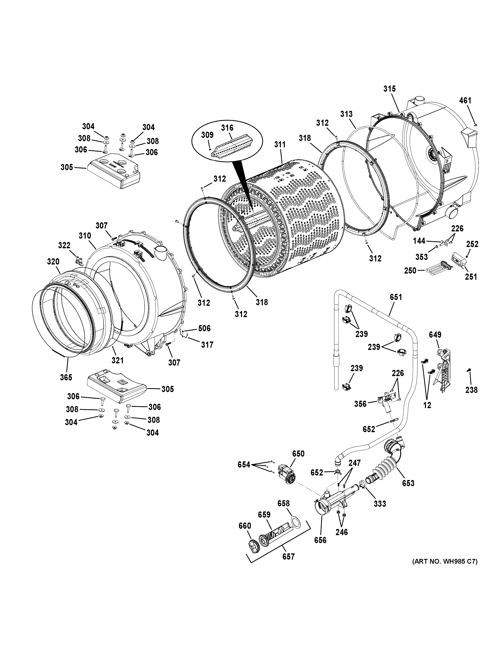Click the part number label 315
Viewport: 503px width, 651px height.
389,89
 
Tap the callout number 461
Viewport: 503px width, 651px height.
465,100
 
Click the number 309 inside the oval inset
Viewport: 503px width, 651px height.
207,135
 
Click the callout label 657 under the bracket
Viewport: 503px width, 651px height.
288,556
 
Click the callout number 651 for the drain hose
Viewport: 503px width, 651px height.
396,297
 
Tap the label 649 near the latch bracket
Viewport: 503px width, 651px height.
435,335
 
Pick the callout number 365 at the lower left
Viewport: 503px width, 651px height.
66,377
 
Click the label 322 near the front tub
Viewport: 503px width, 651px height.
64,245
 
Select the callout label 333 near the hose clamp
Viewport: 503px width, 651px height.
380,503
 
